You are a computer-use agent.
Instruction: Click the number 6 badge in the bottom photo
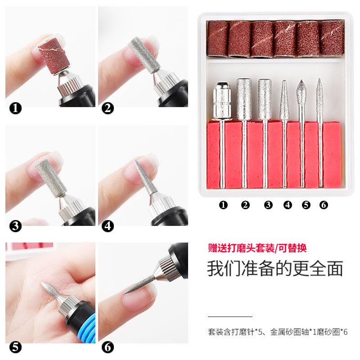pyautogui.click(x=108, y=346)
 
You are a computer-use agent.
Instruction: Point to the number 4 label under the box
pyautogui.click(x=288, y=205)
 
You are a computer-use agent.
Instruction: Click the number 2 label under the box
pyautogui.click(x=245, y=205)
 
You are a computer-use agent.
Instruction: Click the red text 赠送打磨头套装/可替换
pyautogui.click(x=257, y=247)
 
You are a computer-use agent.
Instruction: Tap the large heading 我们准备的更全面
pyautogui.click(x=274, y=268)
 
